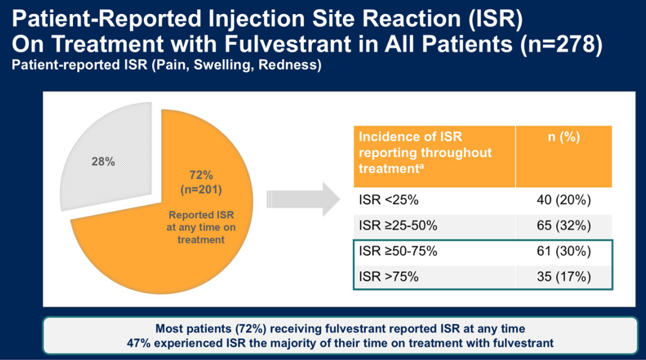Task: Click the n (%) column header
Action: coord(563,137)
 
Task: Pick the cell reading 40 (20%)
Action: coord(563,201)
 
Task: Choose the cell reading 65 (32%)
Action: coord(563,226)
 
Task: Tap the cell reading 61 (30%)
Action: coord(563,251)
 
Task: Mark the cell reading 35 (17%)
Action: coord(563,277)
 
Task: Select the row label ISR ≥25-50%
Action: coord(398,226)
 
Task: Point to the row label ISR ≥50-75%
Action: coord(398,251)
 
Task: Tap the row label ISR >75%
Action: coord(389,277)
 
